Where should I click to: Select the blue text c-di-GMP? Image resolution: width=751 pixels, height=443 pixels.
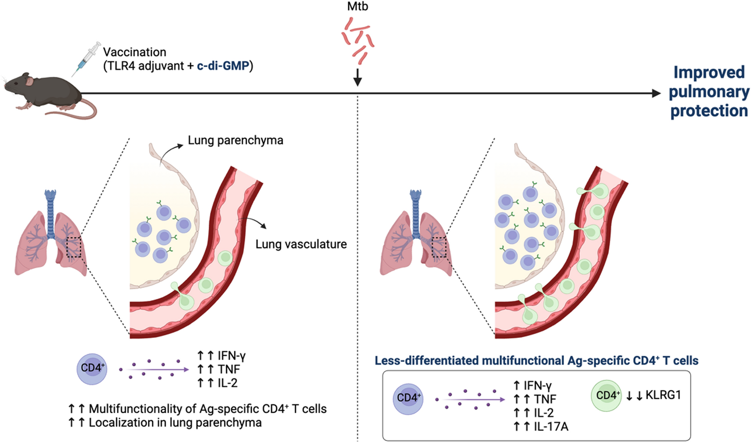tap(223, 66)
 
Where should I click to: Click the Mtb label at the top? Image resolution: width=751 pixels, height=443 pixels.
tap(357, 7)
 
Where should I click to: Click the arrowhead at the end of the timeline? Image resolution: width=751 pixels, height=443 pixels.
tap(656, 93)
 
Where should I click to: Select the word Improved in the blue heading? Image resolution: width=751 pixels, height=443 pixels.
tap(709, 72)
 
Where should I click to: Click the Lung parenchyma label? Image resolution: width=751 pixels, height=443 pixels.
tap(235, 140)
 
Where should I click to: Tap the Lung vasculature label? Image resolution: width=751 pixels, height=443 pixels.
tap(301, 244)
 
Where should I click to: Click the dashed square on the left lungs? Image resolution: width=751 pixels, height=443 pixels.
tap(74, 248)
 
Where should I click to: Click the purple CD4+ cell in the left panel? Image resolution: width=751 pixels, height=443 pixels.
tap(92, 369)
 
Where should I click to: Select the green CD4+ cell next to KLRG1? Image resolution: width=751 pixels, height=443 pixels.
tap(606, 395)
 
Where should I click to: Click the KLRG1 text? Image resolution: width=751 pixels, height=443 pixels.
tap(663, 395)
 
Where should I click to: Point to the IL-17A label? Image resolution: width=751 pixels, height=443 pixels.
tap(551, 426)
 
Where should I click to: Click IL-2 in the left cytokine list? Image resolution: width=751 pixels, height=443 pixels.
tap(227, 382)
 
